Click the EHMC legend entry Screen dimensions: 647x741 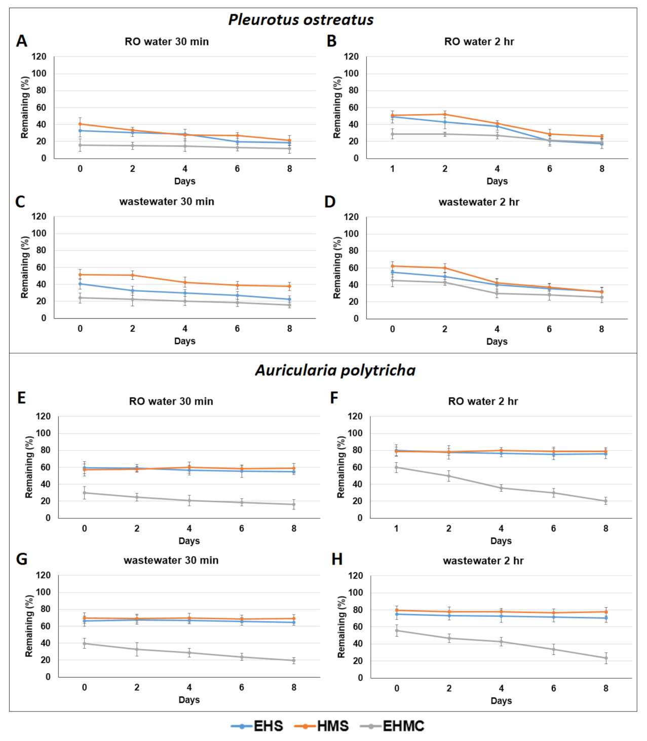(392, 726)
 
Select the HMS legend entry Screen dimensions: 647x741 (322, 726)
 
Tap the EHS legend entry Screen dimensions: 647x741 (257, 726)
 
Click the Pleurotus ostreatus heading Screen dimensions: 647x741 (301, 20)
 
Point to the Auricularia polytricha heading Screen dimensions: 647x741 (335, 370)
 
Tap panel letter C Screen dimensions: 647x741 (20, 202)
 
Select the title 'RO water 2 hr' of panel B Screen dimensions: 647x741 (479, 42)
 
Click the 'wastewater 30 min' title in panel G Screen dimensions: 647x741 (171, 560)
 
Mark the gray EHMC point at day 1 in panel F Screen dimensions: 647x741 (396, 467)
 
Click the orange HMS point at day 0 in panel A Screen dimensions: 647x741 (80, 124)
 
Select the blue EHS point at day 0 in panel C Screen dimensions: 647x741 (80, 284)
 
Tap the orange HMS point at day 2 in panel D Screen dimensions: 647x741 (445, 268)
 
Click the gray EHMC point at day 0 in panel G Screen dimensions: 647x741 (85, 644)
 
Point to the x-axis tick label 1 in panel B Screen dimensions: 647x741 (392, 169)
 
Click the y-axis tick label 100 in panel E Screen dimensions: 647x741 (43, 433)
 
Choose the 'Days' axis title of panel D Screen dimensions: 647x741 (497, 342)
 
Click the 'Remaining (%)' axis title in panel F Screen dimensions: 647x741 (340, 467)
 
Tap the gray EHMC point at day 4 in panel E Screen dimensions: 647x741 (189, 501)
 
